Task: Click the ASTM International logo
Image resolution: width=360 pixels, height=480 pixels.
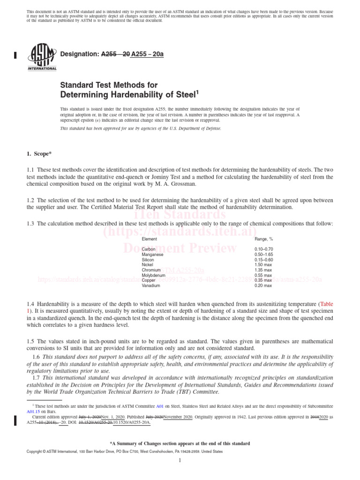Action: [x=42, y=56]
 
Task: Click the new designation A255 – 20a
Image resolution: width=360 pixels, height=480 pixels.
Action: [x=147, y=54]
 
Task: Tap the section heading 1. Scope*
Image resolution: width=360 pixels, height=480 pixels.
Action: [x=40, y=154]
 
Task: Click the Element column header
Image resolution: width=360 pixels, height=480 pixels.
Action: [x=150, y=239]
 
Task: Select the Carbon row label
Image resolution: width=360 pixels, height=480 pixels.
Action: [x=149, y=249]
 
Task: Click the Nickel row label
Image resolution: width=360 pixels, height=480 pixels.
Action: [x=148, y=265]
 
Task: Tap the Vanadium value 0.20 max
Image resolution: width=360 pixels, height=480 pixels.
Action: [x=263, y=285]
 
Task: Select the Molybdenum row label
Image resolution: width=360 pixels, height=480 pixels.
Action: [x=153, y=275]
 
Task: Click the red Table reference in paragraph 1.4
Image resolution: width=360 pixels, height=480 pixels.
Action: [x=326, y=304]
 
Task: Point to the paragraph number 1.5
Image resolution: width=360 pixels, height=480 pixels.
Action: [x=31, y=341]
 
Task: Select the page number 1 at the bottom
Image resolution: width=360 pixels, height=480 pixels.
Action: [x=180, y=461]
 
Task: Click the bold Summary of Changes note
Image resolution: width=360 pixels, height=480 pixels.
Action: [x=180, y=443]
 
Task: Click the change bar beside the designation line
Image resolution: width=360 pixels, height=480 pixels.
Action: [x=15, y=55]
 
